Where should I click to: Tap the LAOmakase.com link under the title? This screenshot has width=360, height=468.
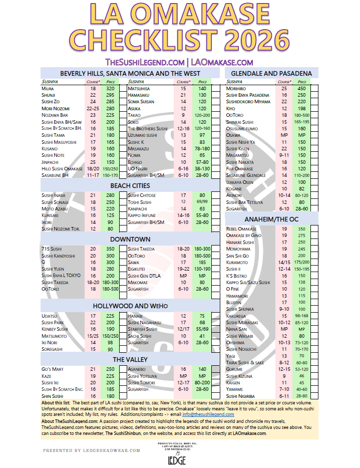221,62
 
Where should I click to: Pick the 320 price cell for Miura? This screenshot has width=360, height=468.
110,88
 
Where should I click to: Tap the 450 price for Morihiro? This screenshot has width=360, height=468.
301,88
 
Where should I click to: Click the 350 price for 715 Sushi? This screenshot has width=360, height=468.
110,249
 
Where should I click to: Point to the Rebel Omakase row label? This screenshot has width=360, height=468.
241,228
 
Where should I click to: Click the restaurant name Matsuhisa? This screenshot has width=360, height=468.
139,88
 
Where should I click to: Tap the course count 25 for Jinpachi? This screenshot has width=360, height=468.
93,162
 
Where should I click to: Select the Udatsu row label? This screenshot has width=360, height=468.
49,316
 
